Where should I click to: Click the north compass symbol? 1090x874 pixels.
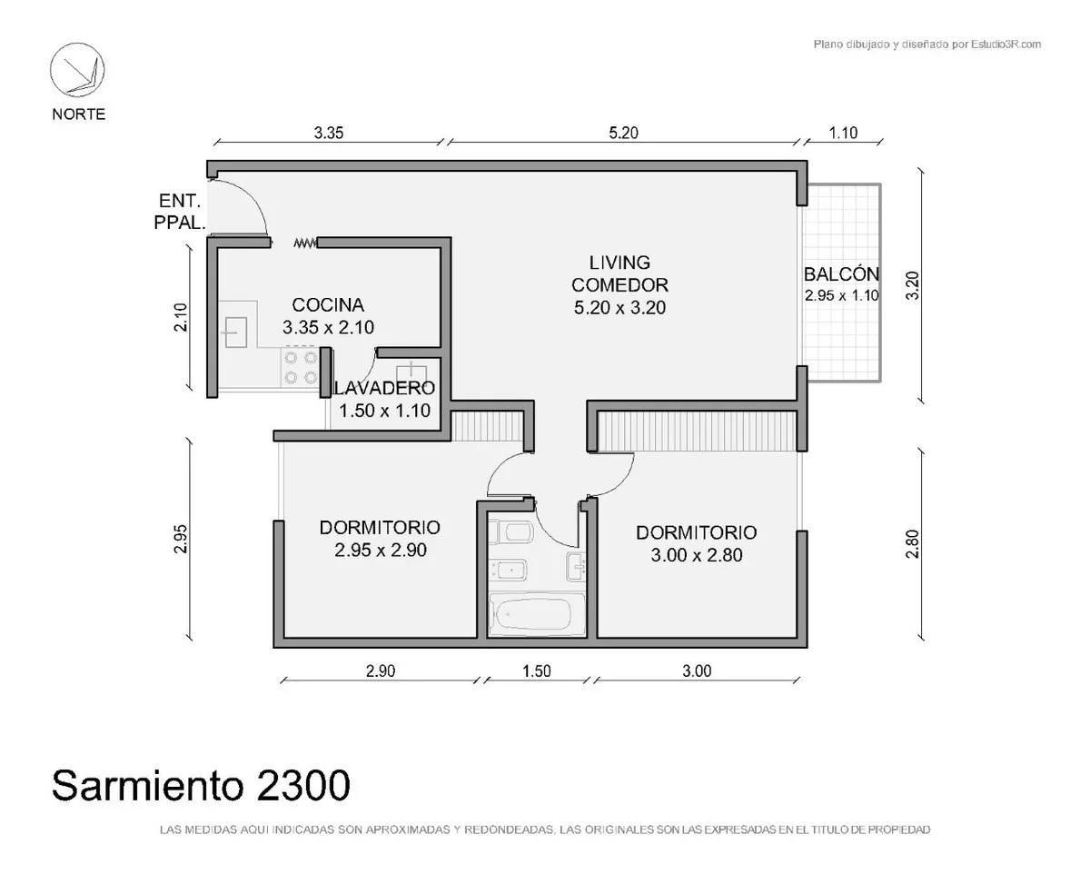(x=77, y=69)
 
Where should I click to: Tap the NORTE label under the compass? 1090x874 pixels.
(x=78, y=114)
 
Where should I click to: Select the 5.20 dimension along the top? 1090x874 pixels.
(x=623, y=133)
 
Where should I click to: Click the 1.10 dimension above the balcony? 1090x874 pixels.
(x=843, y=133)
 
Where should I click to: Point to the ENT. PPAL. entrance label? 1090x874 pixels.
(x=180, y=212)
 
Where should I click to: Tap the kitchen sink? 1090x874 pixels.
(x=235, y=333)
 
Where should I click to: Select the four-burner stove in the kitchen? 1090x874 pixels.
(x=301, y=367)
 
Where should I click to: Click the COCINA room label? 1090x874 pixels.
(x=328, y=305)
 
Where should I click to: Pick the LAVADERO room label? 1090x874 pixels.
(x=384, y=388)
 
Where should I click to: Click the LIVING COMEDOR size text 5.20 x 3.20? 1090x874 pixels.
(x=619, y=308)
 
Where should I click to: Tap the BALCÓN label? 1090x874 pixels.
(x=841, y=274)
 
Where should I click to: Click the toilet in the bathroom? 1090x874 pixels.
(x=510, y=532)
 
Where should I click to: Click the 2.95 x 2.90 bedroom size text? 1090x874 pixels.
(x=381, y=551)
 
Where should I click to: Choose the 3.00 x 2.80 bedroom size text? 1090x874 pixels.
(x=697, y=555)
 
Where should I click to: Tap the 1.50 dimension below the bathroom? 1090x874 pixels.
(x=537, y=670)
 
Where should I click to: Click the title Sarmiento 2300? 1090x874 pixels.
(x=201, y=785)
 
